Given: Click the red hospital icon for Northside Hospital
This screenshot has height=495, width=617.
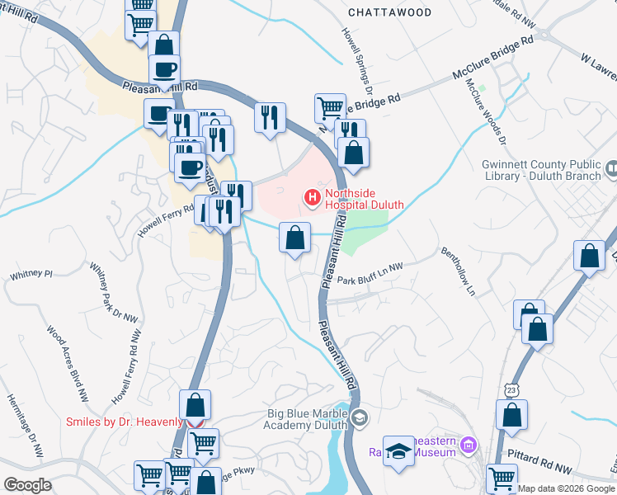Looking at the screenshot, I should [x=312, y=197].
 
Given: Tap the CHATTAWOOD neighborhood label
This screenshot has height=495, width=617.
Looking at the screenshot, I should [x=389, y=13].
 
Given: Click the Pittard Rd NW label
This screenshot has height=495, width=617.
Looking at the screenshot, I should [x=539, y=468].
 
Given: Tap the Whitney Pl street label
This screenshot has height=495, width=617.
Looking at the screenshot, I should [x=31, y=273].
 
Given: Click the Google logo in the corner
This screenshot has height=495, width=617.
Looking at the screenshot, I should [x=27, y=485].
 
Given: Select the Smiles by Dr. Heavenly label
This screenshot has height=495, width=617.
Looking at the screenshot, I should [x=125, y=422].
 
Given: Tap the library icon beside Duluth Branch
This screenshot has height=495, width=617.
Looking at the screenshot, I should [x=611, y=169].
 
